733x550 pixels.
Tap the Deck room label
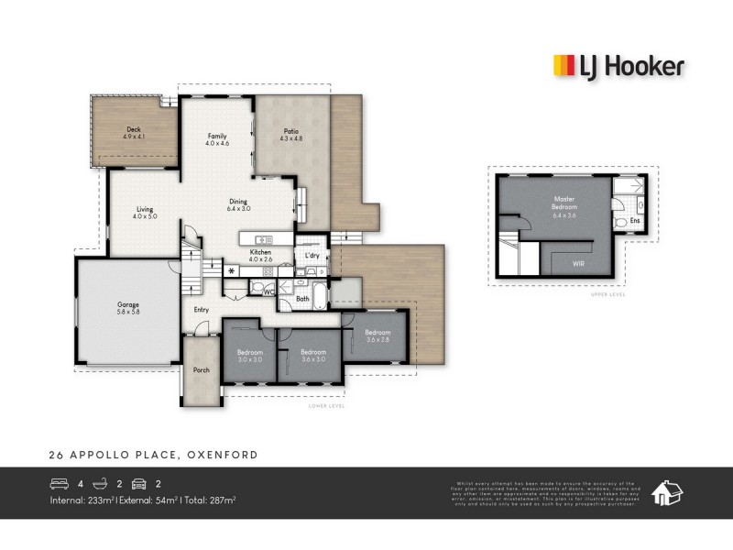tap(134, 133)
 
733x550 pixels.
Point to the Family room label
tap(216, 139)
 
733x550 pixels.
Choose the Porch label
tap(201, 370)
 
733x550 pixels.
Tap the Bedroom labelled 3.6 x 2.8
tap(377, 335)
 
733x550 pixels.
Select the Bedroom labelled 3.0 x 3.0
tap(250, 356)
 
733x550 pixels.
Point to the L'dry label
tap(312, 256)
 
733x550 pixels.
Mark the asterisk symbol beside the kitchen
tap(231, 271)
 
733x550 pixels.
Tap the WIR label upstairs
tap(578, 264)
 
